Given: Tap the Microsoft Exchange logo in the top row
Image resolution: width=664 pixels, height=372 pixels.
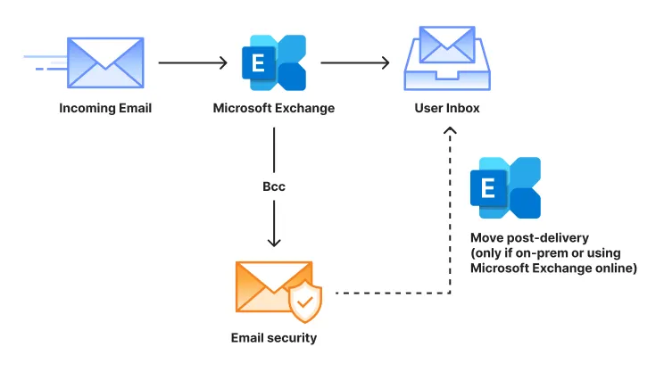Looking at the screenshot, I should click(273, 63).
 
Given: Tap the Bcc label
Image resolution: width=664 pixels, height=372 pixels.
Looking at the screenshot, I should click(274, 189).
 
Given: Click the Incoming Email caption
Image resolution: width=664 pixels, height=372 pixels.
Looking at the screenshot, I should click(105, 109).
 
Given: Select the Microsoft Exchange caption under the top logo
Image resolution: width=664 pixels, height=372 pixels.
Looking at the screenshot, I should click(274, 109).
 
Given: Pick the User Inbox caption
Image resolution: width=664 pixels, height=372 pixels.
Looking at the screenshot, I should click(447, 109).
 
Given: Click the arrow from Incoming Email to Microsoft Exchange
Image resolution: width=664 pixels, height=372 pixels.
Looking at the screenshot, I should click(193, 63).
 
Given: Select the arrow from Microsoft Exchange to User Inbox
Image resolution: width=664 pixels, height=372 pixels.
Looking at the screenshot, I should click(355, 63).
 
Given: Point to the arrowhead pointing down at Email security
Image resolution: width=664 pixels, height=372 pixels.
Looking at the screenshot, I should click(274, 241).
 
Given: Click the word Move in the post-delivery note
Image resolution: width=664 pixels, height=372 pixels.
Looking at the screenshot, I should click(487, 239).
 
